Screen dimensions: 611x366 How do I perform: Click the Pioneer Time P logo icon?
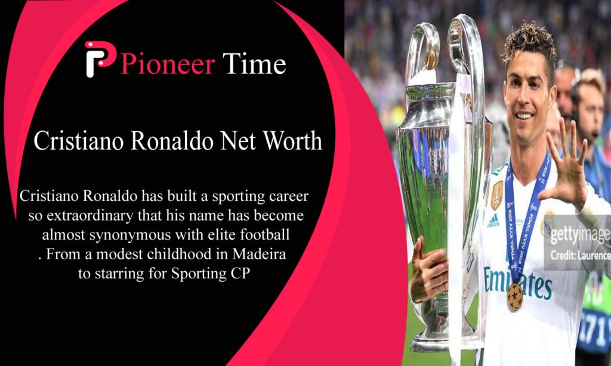coord(100,59)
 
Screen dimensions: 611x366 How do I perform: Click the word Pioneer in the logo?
coord(168,64)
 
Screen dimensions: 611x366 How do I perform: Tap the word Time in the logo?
coord(254,63)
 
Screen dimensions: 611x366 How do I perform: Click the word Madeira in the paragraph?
coord(259,255)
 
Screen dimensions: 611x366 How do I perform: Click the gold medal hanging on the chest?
coord(514,297)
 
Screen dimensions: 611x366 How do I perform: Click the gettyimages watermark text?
coord(580,234)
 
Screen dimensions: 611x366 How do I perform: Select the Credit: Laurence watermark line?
coord(580,255)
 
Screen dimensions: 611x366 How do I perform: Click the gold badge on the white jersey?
coord(497,195)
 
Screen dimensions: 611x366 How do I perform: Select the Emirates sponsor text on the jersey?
coord(517,280)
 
